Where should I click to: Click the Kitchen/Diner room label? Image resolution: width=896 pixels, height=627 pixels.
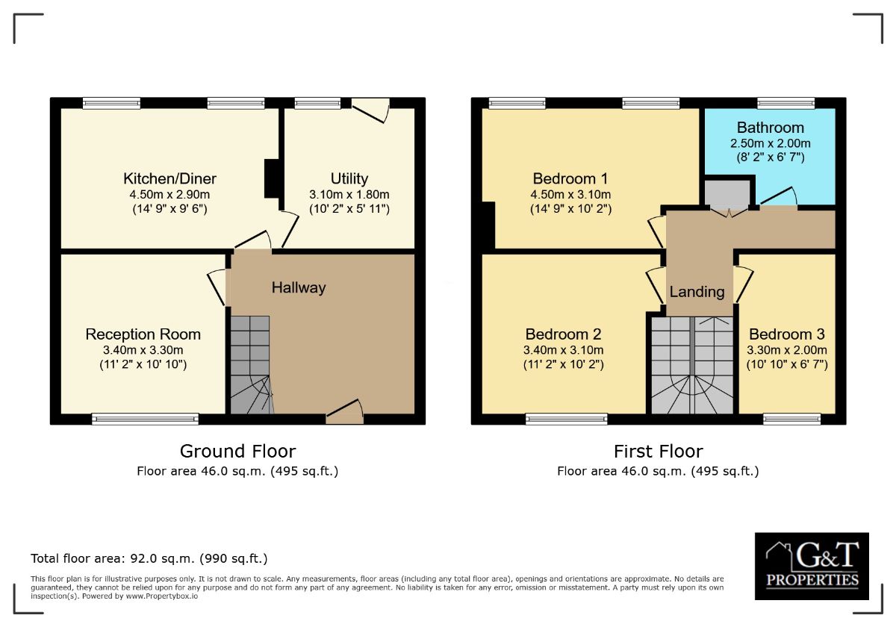(x=169, y=178)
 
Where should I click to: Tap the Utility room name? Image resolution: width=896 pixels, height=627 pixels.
(x=349, y=178)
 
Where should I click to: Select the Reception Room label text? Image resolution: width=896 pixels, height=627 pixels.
(x=143, y=334)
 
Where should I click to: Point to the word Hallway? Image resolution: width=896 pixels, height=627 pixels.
(x=299, y=288)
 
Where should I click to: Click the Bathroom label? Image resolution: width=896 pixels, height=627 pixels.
(x=771, y=128)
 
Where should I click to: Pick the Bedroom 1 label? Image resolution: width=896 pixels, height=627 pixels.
(x=570, y=178)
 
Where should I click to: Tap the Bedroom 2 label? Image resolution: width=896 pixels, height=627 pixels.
(x=563, y=334)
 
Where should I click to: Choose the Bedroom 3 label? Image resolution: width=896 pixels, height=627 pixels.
(x=787, y=334)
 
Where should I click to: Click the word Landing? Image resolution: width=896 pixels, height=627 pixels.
(x=697, y=292)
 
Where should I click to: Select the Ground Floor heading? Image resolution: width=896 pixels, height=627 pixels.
(x=237, y=452)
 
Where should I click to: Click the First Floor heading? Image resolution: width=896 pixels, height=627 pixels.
(x=659, y=452)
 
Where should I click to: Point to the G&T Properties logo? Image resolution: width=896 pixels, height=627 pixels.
(x=812, y=566)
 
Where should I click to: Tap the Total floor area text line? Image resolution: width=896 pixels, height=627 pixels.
(x=149, y=558)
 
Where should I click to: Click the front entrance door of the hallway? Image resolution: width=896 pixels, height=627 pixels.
(x=345, y=412)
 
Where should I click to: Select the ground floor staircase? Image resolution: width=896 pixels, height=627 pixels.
(x=251, y=365)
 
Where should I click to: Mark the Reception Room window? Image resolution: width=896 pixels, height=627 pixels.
(x=145, y=419)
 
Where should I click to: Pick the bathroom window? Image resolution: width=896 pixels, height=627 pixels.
(x=786, y=103)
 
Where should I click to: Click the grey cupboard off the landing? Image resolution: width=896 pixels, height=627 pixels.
(x=727, y=193)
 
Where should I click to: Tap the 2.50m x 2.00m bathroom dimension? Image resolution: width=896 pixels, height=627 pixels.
(x=771, y=143)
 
